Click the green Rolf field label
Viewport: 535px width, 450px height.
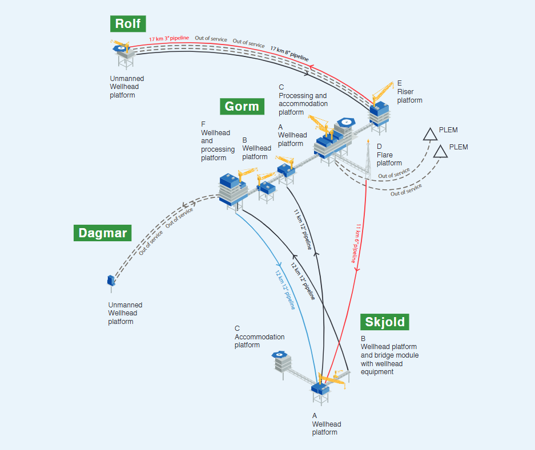tap(128, 23)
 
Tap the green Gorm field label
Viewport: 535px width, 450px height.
tap(242, 106)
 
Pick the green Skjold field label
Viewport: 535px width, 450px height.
tap(385, 322)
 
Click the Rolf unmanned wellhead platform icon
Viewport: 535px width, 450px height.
tap(122, 52)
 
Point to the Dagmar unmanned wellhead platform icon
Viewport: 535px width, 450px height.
tap(110, 281)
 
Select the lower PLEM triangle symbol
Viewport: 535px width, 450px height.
tap(440, 151)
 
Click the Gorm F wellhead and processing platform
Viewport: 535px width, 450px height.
tap(232, 189)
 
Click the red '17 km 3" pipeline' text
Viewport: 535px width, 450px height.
tap(169, 39)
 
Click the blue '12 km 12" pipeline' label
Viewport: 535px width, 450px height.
tap(285, 291)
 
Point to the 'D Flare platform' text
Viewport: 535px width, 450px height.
tap(389, 155)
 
